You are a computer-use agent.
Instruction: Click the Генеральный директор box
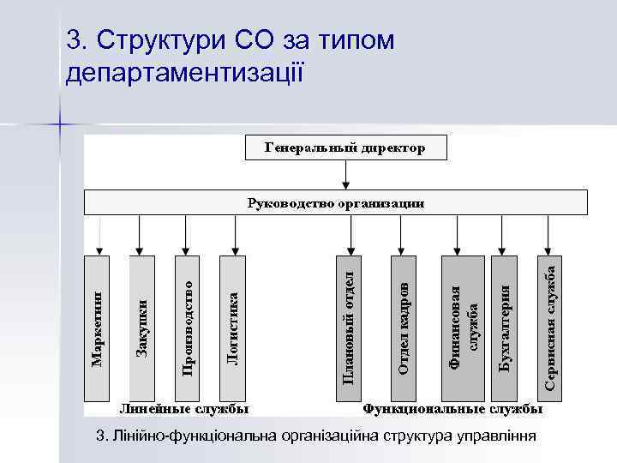click(x=344, y=147)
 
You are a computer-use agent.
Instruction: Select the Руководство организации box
click(x=335, y=202)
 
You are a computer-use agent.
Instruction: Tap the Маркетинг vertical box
click(x=98, y=328)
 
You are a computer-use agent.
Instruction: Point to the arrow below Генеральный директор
click(x=344, y=174)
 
